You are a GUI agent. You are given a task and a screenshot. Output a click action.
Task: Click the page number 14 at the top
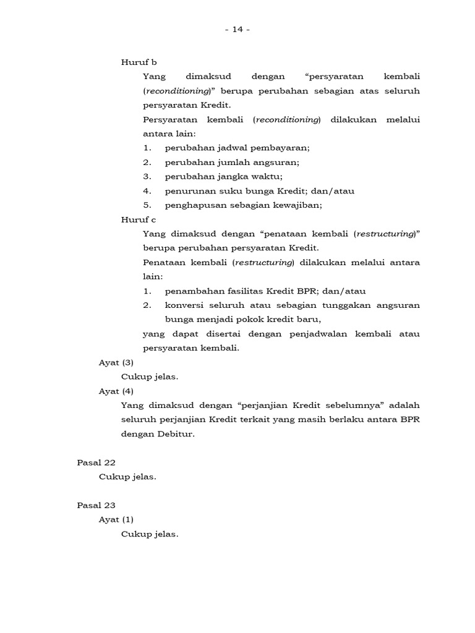237,29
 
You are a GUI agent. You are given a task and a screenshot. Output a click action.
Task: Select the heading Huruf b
139,62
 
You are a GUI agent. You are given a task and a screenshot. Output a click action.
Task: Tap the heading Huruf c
139,219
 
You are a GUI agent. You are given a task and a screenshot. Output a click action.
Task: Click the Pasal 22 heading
96,462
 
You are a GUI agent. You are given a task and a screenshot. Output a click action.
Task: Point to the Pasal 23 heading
96,505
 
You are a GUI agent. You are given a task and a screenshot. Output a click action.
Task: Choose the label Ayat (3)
116,362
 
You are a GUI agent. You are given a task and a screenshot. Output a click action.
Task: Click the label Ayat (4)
116,391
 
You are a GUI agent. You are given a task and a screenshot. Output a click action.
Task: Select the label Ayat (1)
116,519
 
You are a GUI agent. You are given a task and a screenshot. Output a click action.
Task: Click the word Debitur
178,434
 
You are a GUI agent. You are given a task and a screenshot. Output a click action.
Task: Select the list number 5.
147,205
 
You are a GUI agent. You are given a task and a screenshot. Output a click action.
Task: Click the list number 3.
147,177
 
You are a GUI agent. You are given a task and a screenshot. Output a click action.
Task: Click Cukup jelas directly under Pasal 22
127,477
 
